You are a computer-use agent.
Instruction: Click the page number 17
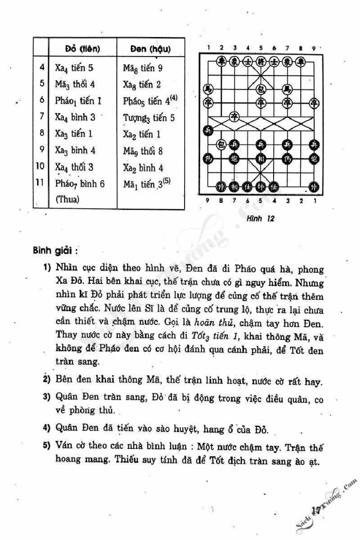coord(316,509)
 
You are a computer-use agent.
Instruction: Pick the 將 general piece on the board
coord(261,61)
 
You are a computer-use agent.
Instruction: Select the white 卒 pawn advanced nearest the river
coord(234,115)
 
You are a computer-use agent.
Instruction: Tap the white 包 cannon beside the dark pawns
coord(221,143)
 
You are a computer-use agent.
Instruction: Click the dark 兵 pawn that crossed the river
coord(207,130)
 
